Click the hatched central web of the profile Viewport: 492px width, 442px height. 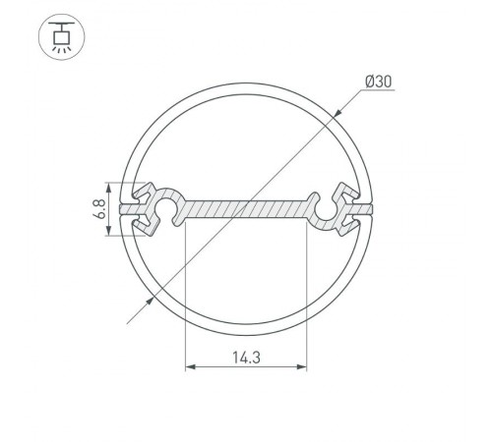tap(246, 209)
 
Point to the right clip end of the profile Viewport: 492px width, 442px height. tap(351, 208)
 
